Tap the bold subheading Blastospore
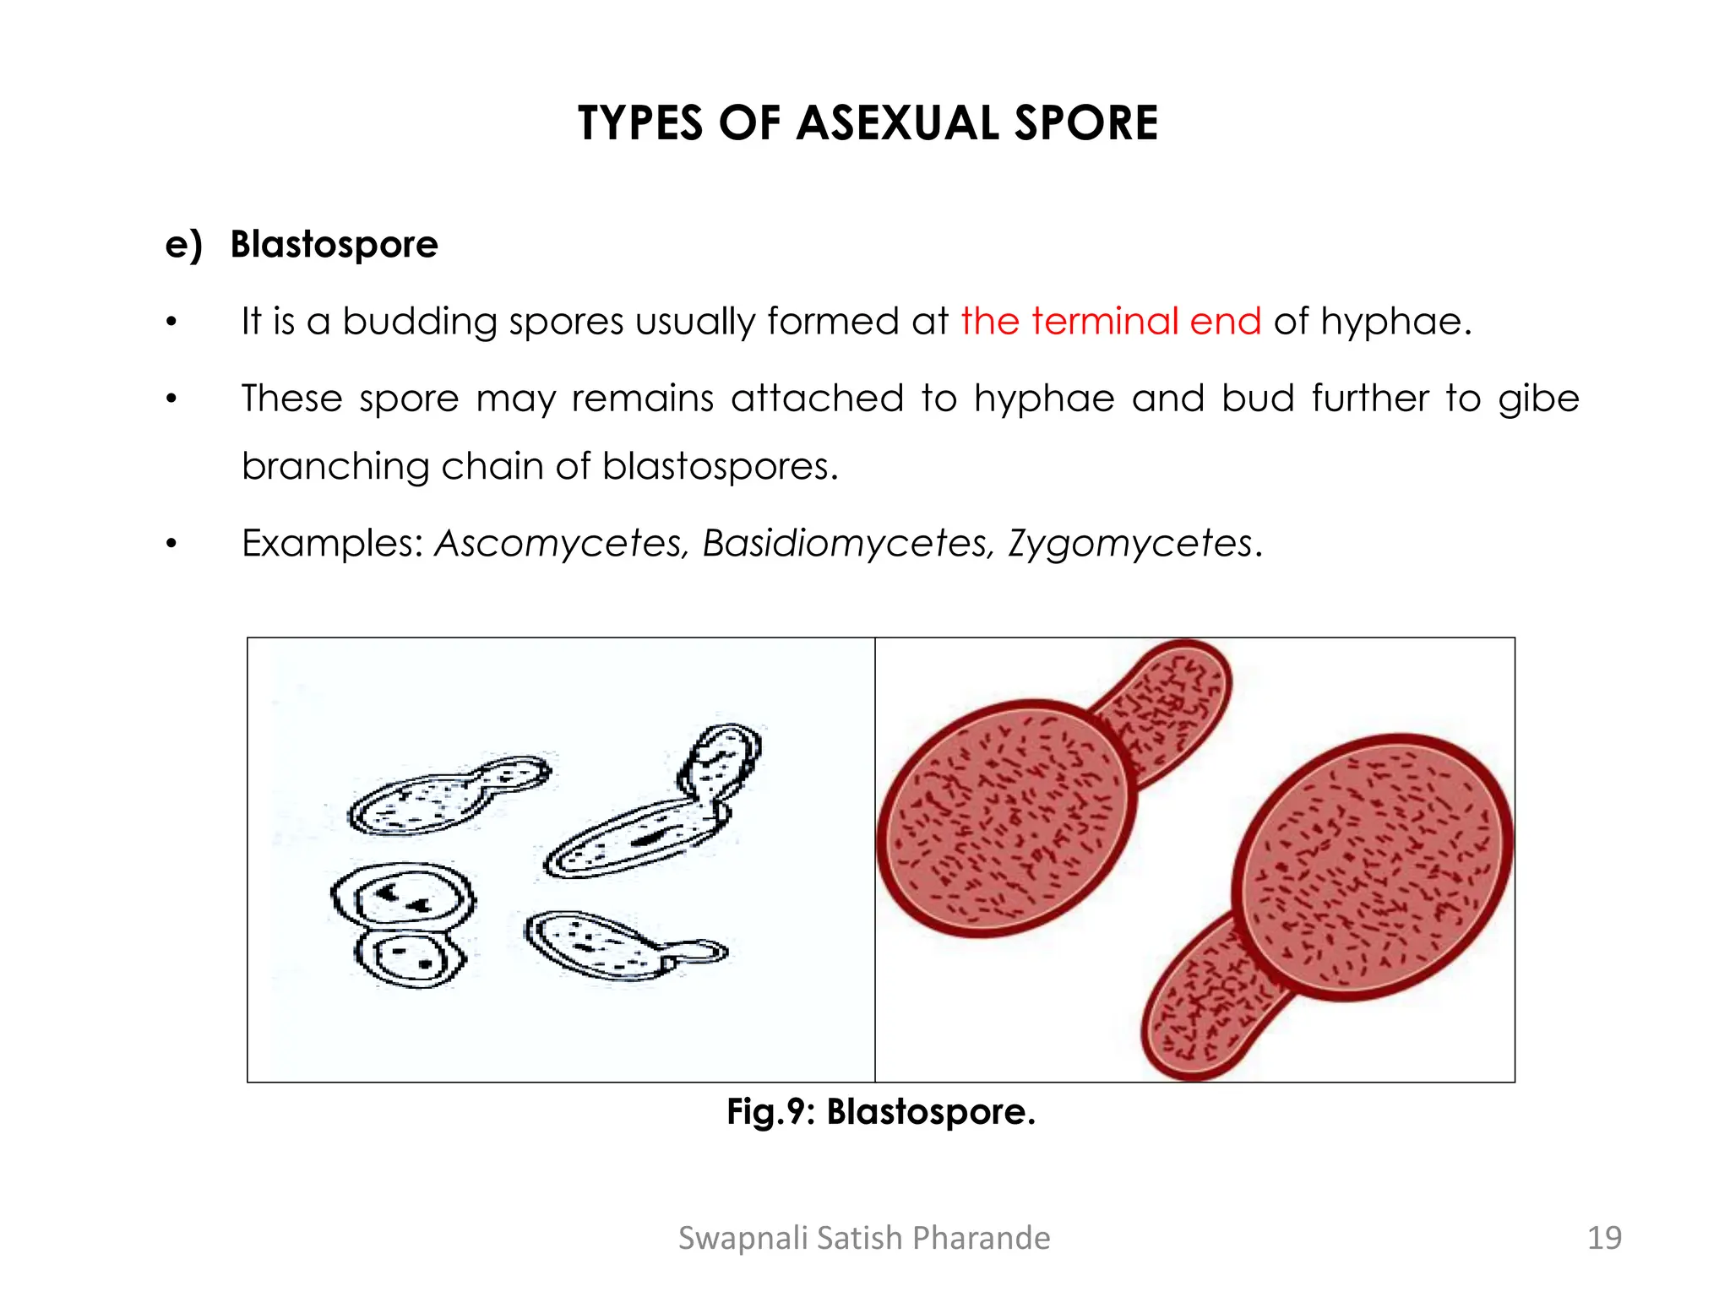[334, 244]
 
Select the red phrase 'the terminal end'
[1110, 321]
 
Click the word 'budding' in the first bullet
[419, 323]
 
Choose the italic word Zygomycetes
[1130, 543]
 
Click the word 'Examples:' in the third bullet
[332, 543]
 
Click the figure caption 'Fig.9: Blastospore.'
[880, 1111]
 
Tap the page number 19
[1603, 1238]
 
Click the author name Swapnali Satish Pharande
[864, 1238]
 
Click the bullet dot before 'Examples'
[171, 545]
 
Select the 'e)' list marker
[183, 245]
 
